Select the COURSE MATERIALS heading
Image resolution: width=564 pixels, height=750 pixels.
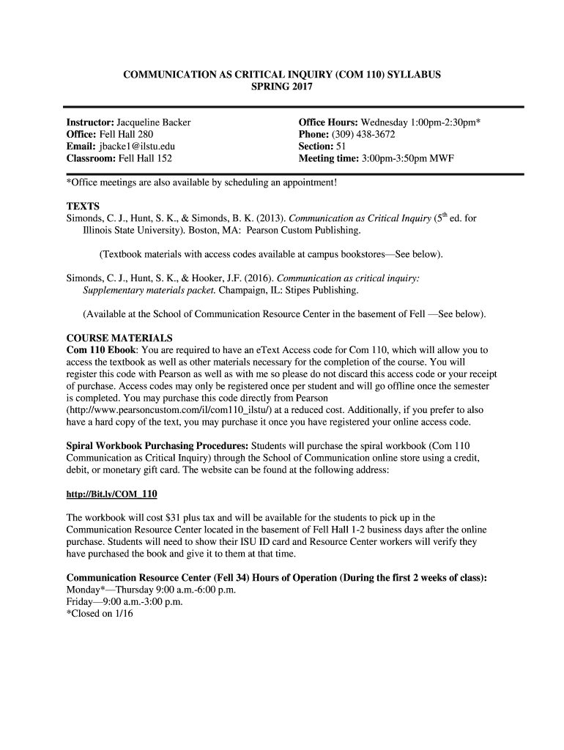[x=119, y=338]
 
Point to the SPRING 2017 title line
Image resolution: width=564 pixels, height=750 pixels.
[x=281, y=87]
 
